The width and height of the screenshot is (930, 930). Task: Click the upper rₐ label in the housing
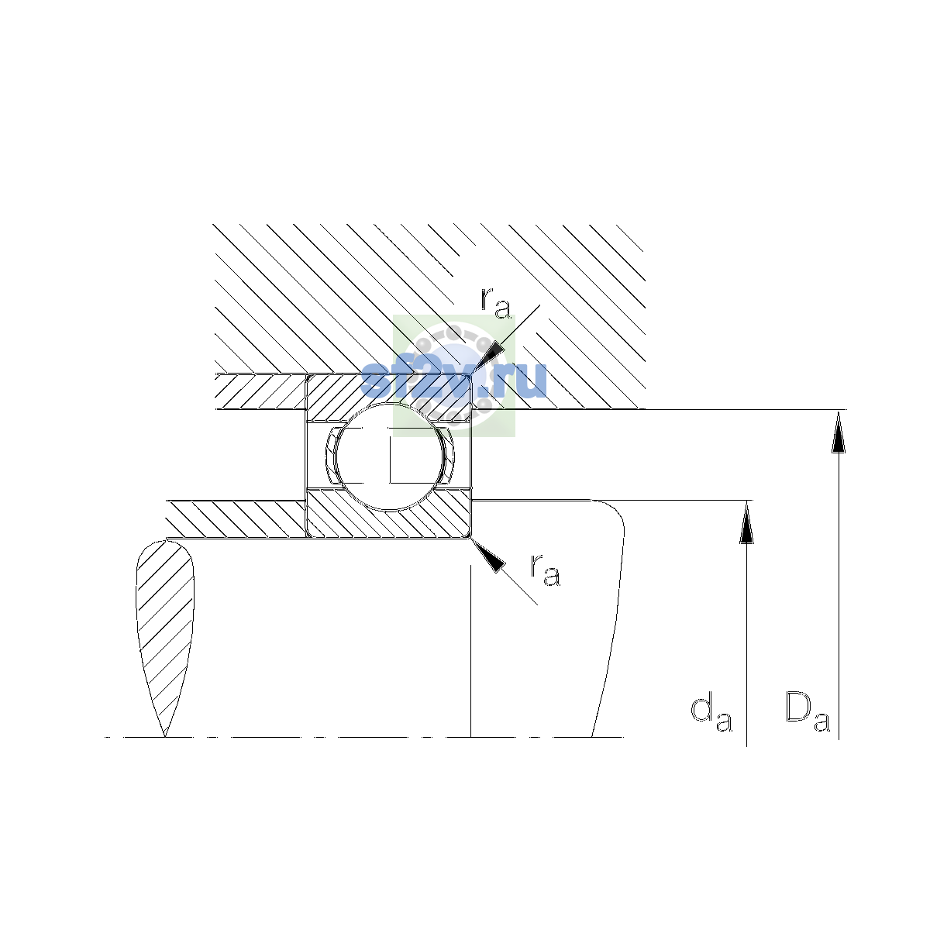click(495, 303)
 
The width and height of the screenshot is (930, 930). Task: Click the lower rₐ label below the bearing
click(546, 570)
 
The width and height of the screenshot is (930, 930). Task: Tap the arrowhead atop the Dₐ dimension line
click(839, 432)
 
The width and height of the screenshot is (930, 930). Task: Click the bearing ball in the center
click(389, 456)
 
